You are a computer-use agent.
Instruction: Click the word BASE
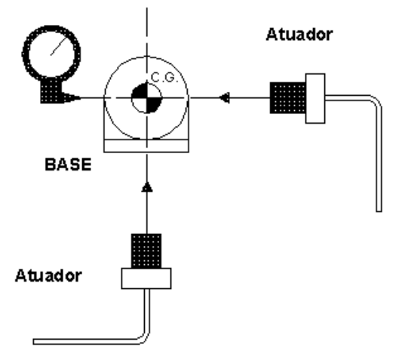point(68,165)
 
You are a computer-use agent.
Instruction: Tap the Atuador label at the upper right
point(299,35)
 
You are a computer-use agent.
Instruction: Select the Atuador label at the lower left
point(48,275)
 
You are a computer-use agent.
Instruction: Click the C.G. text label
point(164,77)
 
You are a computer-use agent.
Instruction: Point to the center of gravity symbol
point(146,98)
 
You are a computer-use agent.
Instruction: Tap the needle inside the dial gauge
point(59,46)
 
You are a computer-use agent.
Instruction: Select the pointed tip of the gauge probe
point(80,97)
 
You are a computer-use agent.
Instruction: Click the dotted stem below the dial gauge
point(51,91)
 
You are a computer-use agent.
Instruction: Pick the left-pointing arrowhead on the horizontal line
point(224,97)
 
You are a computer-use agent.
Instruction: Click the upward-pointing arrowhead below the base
point(147,187)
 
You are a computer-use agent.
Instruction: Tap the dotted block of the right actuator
point(287,98)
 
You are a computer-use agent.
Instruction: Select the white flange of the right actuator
point(315,98)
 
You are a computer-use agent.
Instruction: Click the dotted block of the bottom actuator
point(146,251)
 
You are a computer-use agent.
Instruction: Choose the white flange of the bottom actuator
point(146,278)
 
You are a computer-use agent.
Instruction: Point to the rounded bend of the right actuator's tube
point(376,100)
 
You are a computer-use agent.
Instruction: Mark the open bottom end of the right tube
point(379,211)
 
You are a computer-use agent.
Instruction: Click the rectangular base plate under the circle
point(146,146)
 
